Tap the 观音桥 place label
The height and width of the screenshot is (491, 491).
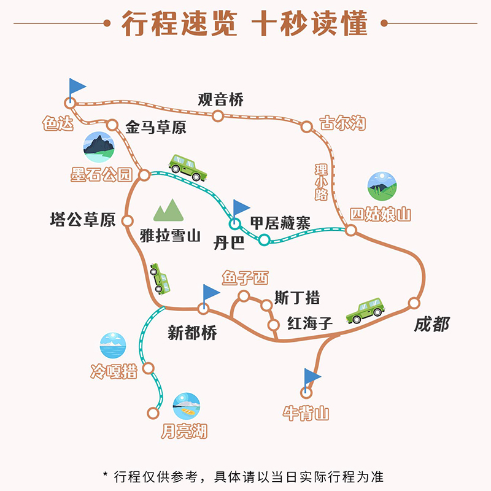pyautogui.click(x=221, y=99)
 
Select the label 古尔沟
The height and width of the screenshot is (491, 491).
pyautogui.click(x=342, y=123)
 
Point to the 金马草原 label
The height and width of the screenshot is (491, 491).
pyautogui.click(x=155, y=128)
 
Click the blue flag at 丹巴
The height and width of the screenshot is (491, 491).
pyautogui.click(x=240, y=209)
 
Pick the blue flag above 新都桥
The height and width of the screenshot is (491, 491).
pyautogui.click(x=210, y=292)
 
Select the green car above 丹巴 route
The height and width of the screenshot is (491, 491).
pyautogui.click(x=186, y=167)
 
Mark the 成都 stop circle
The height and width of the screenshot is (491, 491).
pyautogui.click(x=414, y=303)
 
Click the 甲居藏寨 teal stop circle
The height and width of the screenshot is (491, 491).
pyautogui.click(x=264, y=239)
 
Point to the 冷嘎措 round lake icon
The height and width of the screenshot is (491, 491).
pyautogui.click(x=113, y=346)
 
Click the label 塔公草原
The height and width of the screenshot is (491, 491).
pyautogui.click(x=83, y=220)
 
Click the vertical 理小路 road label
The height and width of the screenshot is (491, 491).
pyautogui.click(x=322, y=182)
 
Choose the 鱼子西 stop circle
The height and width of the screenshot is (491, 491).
pyautogui.click(x=244, y=296)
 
